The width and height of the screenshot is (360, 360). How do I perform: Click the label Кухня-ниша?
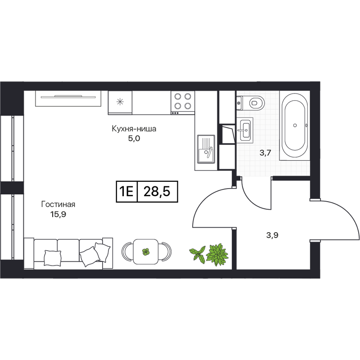[134, 129]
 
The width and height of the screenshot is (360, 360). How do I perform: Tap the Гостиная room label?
[58, 204]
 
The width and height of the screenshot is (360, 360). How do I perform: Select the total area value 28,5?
[157, 192]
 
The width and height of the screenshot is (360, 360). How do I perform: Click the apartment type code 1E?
[126, 192]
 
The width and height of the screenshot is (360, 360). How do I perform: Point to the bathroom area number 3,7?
[265, 153]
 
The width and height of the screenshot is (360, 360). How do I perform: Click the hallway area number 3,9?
[272, 235]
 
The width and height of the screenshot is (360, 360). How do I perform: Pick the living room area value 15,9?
[58, 215]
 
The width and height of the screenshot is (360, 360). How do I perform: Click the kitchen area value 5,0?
[134, 139]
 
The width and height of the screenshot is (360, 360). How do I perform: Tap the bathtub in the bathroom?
[295, 126]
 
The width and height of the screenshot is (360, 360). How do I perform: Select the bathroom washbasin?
[245, 130]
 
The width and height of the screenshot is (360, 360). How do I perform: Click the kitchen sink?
[206, 149]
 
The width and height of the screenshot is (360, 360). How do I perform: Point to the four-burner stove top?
[183, 103]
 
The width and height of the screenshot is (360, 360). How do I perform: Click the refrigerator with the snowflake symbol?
[120, 103]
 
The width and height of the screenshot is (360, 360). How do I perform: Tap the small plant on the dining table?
[146, 252]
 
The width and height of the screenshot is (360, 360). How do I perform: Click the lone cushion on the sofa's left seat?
[53, 258]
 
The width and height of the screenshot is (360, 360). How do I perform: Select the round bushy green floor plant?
[217, 255]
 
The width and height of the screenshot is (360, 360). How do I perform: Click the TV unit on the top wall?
[68, 99]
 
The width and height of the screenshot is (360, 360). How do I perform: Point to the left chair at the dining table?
[127, 252]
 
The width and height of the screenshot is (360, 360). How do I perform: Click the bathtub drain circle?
[295, 126]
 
